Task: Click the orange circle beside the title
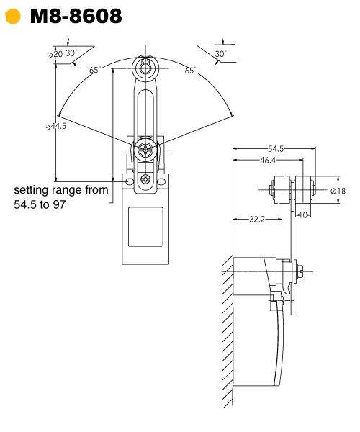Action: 12,16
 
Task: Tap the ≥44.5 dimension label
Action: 56,126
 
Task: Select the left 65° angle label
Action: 95,70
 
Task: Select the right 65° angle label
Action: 190,70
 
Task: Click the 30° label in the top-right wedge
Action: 220,54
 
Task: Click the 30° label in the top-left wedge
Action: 71,53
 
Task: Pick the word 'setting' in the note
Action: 33,191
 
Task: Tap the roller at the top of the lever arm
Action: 146,68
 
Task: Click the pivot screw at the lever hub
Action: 146,150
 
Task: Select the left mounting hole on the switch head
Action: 129,183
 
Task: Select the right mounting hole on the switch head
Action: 163,183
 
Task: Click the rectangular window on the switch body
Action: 145,228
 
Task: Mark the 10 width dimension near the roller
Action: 306,215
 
